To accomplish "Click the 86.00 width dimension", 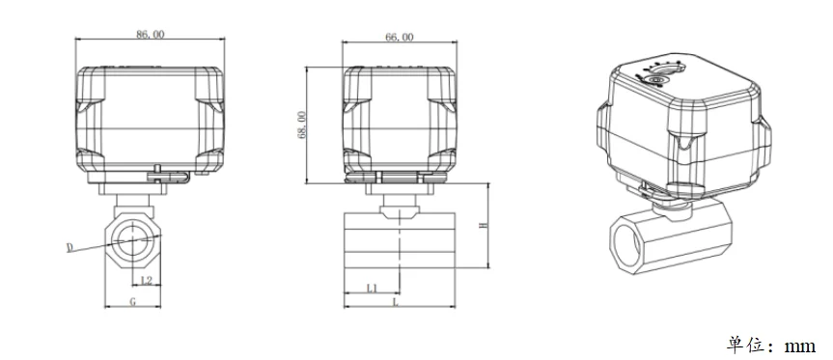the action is [151, 34].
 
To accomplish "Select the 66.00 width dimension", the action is [399, 38].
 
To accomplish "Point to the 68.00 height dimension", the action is [301, 125].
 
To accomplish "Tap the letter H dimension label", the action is [484, 226].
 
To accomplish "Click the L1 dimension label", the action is [372, 288].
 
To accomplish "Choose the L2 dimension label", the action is [146, 280].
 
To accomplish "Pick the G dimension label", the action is [133, 301].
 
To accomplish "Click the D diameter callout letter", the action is [69, 247].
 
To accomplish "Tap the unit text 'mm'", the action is [799, 346].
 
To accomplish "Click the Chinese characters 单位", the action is [744, 346].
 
